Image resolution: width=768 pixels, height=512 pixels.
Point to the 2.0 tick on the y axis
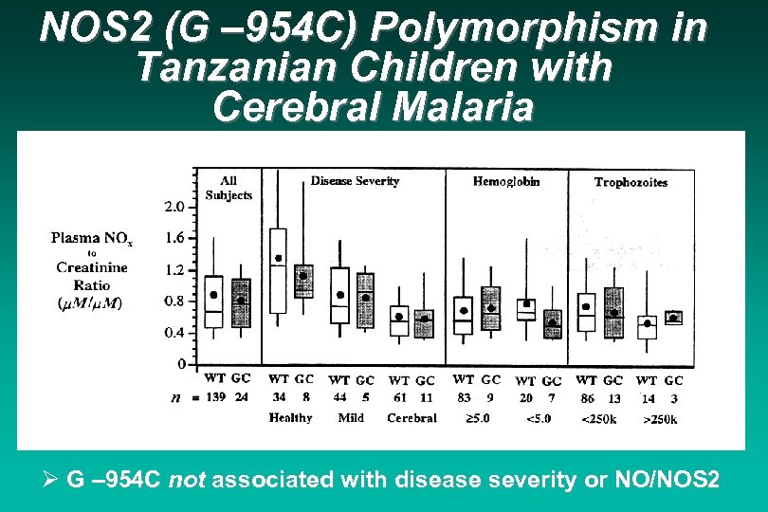pos(174,207)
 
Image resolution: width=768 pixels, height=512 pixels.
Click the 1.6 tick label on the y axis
pos(174,238)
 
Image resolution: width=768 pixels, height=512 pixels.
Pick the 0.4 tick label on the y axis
pos(174,333)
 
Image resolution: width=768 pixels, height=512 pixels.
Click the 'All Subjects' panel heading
pos(229,188)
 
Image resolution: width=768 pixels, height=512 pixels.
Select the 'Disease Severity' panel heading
pos(356,181)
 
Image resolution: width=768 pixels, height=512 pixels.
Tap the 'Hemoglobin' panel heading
pos(506,181)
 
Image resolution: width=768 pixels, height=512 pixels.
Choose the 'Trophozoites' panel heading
pos(631,182)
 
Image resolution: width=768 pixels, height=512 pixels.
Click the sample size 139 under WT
pos(217,397)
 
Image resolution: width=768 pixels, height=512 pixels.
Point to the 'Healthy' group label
pos(290,417)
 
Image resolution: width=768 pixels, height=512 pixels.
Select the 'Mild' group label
pos(351,417)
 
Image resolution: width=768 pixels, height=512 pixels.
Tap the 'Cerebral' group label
pos(412,417)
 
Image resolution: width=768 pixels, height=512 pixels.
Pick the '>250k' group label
pos(660,418)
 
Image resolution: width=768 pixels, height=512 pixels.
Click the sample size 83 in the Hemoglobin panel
pos(464,397)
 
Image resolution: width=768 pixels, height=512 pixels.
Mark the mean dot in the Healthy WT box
pos(279,258)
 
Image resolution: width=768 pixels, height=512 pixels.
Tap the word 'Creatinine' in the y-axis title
pos(91,269)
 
